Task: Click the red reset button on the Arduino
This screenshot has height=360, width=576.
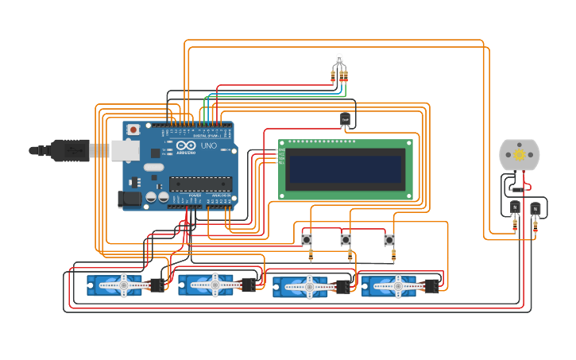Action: click(133, 129)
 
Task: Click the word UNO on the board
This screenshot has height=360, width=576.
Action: click(208, 146)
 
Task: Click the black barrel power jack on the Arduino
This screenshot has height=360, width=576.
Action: click(130, 199)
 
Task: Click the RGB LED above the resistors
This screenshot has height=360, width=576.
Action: click(339, 59)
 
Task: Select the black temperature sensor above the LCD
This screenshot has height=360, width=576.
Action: click(345, 119)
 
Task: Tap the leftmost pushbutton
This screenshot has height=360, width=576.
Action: click(307, 239)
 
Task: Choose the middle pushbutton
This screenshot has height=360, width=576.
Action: click(346, 239)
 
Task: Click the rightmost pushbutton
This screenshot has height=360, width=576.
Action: click(389, 239)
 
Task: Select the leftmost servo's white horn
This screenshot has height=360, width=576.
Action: click(122, 284)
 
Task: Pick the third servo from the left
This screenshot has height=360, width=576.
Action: click(306, 286)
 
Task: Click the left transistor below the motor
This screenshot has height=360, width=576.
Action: click(515, 208)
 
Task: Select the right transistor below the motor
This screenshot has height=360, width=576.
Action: click(535, 208)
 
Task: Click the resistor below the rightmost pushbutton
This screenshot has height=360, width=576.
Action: click(392, 255)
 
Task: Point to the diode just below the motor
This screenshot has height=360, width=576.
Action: click(516, 190)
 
